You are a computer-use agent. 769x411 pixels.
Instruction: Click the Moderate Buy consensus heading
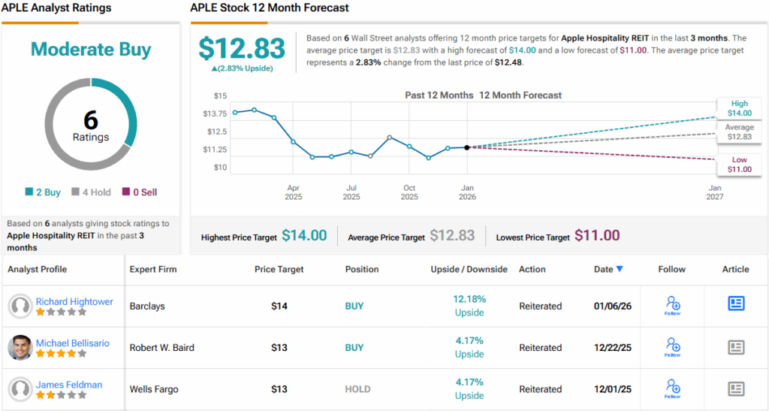point(91,50)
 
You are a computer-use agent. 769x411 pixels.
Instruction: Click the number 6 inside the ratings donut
point(91,120)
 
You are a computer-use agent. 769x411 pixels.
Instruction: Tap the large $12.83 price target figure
point(242,49)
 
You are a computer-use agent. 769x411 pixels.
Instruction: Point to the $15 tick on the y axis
point(219,95)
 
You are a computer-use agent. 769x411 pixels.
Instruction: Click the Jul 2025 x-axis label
point(351,192)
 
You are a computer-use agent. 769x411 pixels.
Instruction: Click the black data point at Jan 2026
point(467,147)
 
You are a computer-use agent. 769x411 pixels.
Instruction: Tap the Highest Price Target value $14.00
point(304,236)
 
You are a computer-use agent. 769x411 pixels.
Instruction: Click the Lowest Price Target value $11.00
point(597,236)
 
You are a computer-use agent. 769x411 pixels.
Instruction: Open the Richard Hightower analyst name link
point(74,301)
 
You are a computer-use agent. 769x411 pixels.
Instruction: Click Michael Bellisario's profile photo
point(20,348)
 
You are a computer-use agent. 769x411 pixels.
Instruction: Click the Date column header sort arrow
point(620,269)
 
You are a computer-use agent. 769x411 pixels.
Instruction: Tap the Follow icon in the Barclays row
point(672,304)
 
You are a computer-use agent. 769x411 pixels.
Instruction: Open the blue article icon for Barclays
point(736,304)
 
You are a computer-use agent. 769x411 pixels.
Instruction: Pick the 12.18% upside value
point(469,299)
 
